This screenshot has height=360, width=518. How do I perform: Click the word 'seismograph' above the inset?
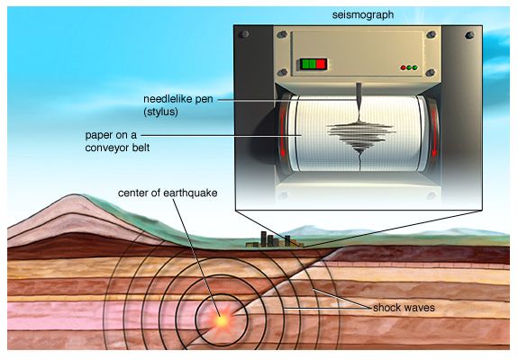tap(363, 15)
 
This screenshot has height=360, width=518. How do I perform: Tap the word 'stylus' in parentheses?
tap(160, 112)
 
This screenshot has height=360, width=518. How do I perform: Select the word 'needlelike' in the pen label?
tap(165, 99)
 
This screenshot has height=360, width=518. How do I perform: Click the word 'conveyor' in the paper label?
tap(105, 148)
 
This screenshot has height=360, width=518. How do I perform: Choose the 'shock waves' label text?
tap(404, 308)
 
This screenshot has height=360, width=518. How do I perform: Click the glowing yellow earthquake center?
tap(221, 319)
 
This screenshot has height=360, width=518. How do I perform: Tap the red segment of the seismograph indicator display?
tap(321, 64)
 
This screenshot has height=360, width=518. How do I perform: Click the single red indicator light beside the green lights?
tap(403, 67)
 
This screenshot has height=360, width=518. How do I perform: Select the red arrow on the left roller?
tap(283, 131)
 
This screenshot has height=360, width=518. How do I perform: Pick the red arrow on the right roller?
tap(433, 131)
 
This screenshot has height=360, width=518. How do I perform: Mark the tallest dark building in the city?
tap(264, 238)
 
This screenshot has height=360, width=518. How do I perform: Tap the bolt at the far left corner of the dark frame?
tap(244, 34)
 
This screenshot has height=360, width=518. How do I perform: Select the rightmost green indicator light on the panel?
tap(414, 67)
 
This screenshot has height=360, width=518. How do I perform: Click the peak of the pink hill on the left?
tap(76, 194)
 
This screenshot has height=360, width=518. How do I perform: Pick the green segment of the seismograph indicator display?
tap(308, 64)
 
